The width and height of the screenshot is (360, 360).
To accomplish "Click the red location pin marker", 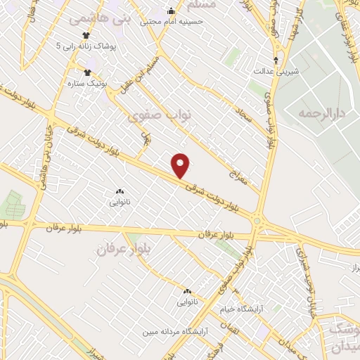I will [x=181, y=165].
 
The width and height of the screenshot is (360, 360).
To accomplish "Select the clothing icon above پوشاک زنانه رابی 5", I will [x=86, y=34].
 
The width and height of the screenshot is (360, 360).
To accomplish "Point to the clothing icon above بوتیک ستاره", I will [x=88, y=72].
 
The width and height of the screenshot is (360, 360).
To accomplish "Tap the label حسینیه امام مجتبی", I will [x=172, y=22].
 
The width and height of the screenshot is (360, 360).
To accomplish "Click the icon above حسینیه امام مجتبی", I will [x=172, y=11].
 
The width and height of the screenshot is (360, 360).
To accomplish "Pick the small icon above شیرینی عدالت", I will [x=276, y=60].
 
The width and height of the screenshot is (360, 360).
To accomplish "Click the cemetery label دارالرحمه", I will [x=319, y=112].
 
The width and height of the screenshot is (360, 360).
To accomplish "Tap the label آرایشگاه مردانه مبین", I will [x=174, y=331].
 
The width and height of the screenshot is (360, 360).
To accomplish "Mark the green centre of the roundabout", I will [x=257, y=222].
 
